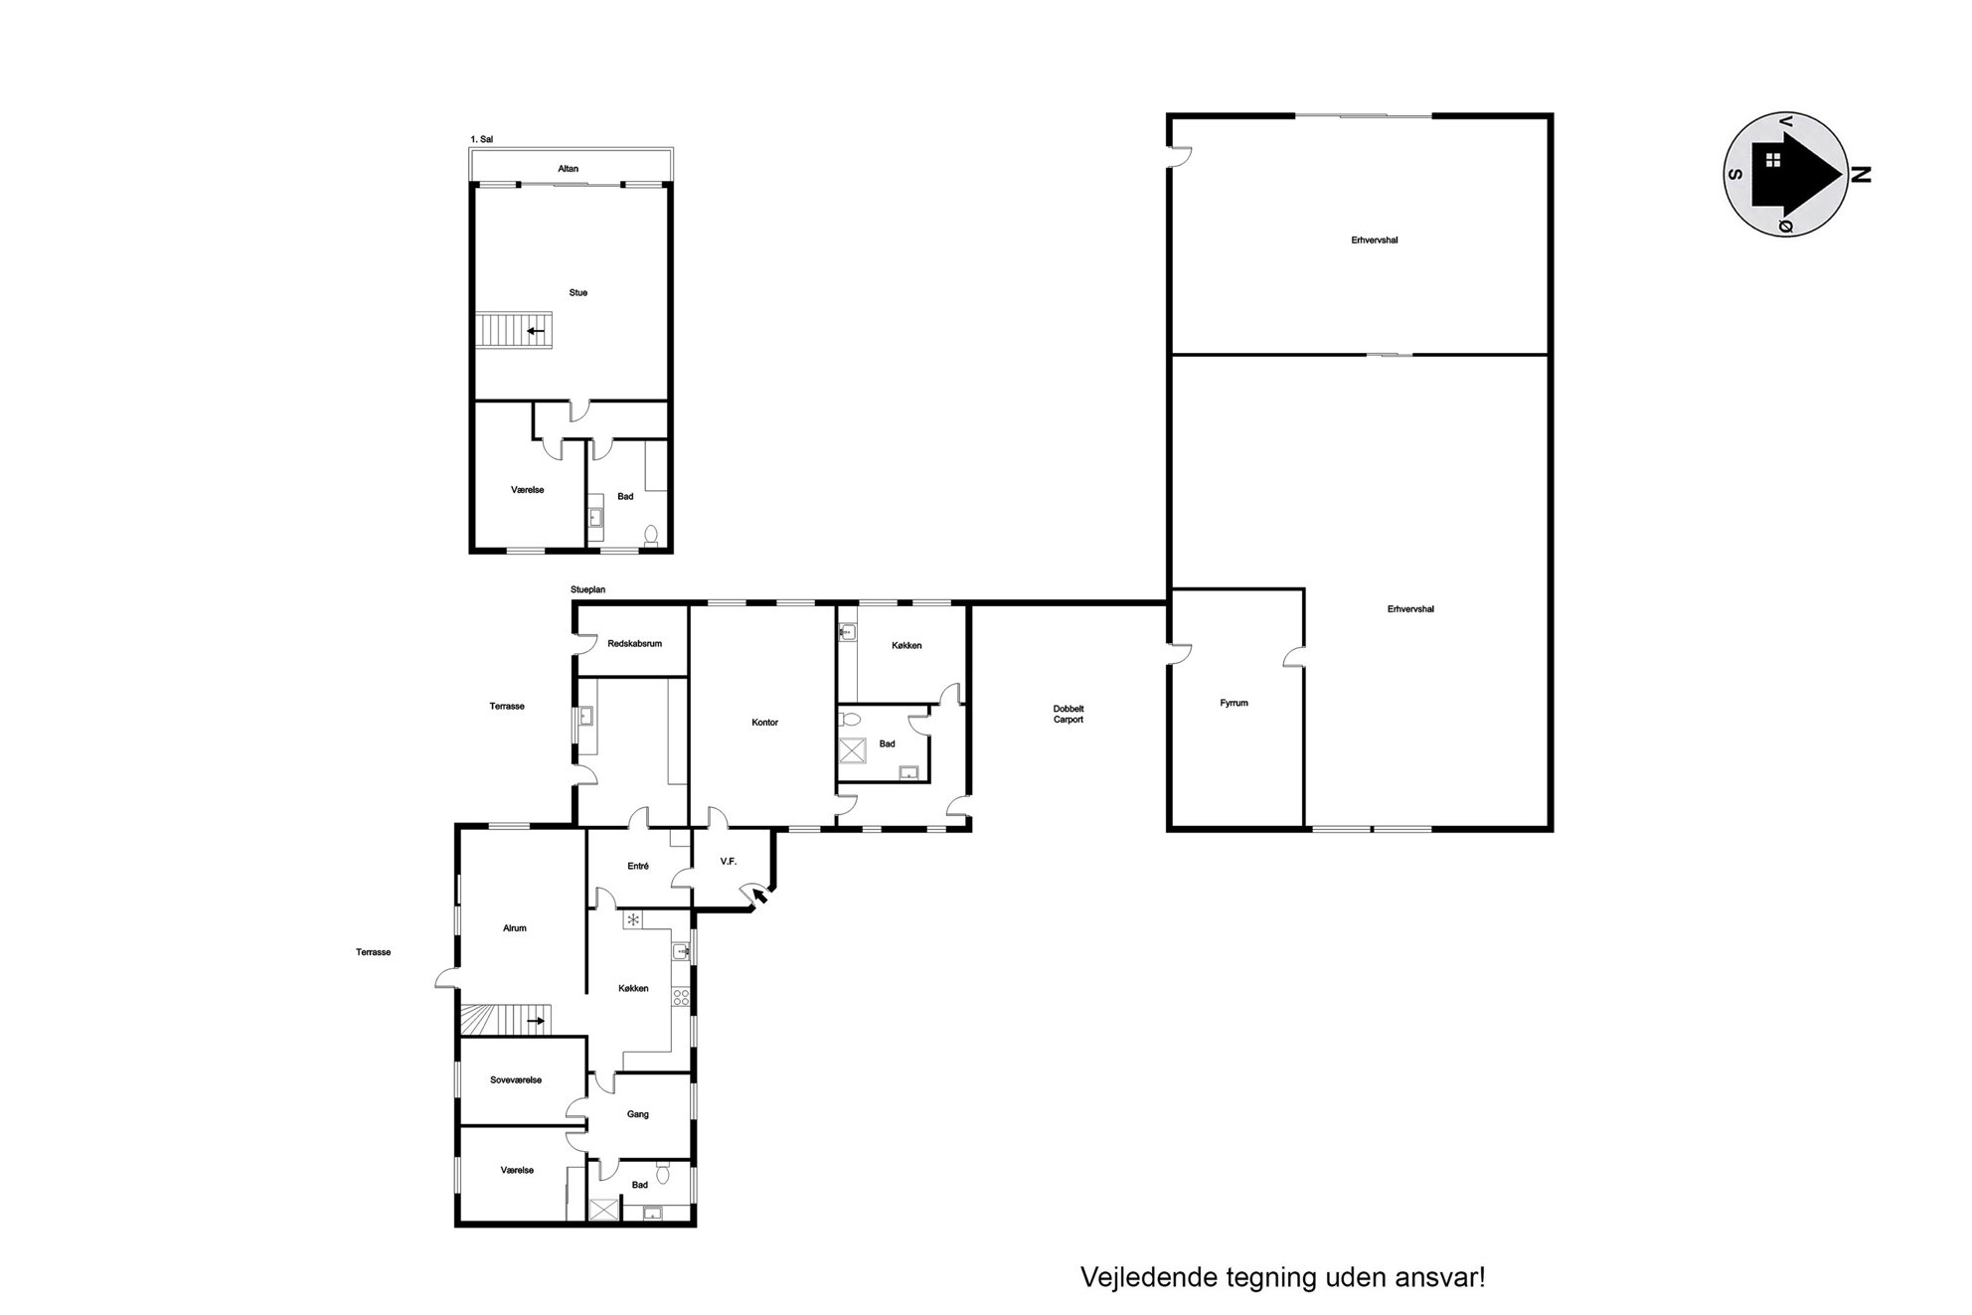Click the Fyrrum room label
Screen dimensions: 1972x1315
tap(1233, 703)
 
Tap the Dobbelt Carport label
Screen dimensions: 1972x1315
tap(1068, 714)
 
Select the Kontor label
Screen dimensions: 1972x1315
tap(765, 723)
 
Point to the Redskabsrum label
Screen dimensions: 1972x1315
tap(634, 644)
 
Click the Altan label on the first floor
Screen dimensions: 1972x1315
tap(568, 169)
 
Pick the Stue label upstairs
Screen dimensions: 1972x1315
tap(577, 293)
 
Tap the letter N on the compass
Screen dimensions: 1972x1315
tap(1860, 176)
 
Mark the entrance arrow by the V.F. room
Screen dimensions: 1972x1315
tap(760, 899)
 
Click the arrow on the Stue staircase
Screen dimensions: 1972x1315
tap(536, 331)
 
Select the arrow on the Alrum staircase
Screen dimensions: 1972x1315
tap(536, 1021)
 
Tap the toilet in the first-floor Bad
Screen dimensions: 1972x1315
tap(651, 536)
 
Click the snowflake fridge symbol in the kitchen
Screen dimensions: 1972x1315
tap(632, 919)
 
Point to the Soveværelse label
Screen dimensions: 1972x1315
tap(516, 1080)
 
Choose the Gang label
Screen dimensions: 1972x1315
tap(638, 1114)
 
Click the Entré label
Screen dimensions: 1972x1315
tap(638, 867)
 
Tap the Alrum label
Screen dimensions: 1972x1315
tap(515, 928)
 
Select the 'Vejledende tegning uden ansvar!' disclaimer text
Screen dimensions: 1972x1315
tap(1282, 1277)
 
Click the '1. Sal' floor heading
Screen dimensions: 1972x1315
tap(482, 140)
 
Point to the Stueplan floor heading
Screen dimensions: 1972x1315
tap(588, 590)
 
